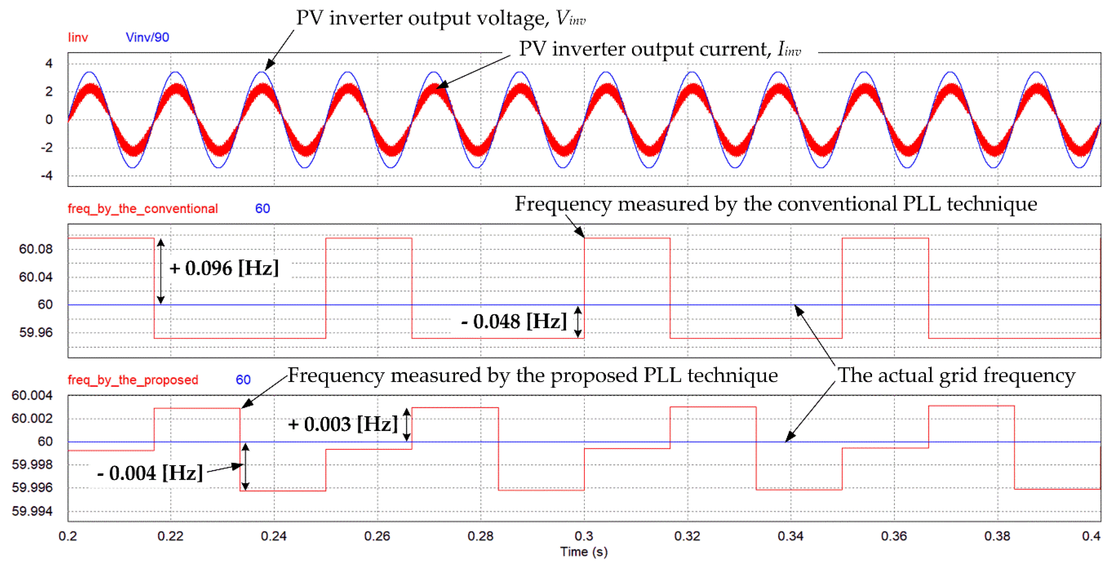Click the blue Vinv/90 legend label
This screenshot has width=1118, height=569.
(147, 37)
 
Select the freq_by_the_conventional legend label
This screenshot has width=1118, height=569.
(142, 209)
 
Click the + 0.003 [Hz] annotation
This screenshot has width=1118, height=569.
(343, 424)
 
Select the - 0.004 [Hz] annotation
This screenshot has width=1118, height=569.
(150, 473)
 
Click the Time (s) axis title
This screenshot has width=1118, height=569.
(584, 552)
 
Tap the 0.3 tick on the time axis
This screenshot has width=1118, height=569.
(584, 536)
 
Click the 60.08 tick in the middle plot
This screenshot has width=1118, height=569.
(36, 249)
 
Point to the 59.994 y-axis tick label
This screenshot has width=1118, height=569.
(32, 511)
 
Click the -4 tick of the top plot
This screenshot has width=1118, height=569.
(47, 176)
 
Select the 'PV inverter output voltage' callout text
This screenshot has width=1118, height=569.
(440, 18)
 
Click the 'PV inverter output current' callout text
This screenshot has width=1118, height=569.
(660, 49)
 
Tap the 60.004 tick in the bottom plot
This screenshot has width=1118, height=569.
(32, 396)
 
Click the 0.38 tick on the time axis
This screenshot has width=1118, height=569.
(997, 536)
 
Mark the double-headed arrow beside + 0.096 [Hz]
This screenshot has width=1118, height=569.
(161, 271)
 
